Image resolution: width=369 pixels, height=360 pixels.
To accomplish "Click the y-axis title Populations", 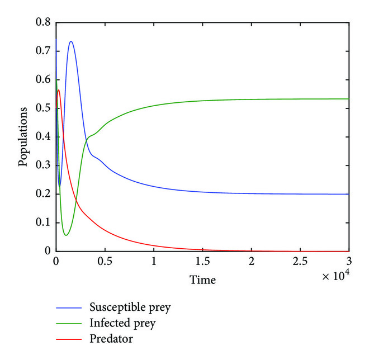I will click(23, 137).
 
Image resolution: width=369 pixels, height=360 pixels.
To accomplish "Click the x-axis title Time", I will click(202, 279).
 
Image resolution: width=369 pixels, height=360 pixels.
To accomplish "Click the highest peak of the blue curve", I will click(71, 41).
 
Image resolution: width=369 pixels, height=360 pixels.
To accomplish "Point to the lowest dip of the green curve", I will click(65, 235).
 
